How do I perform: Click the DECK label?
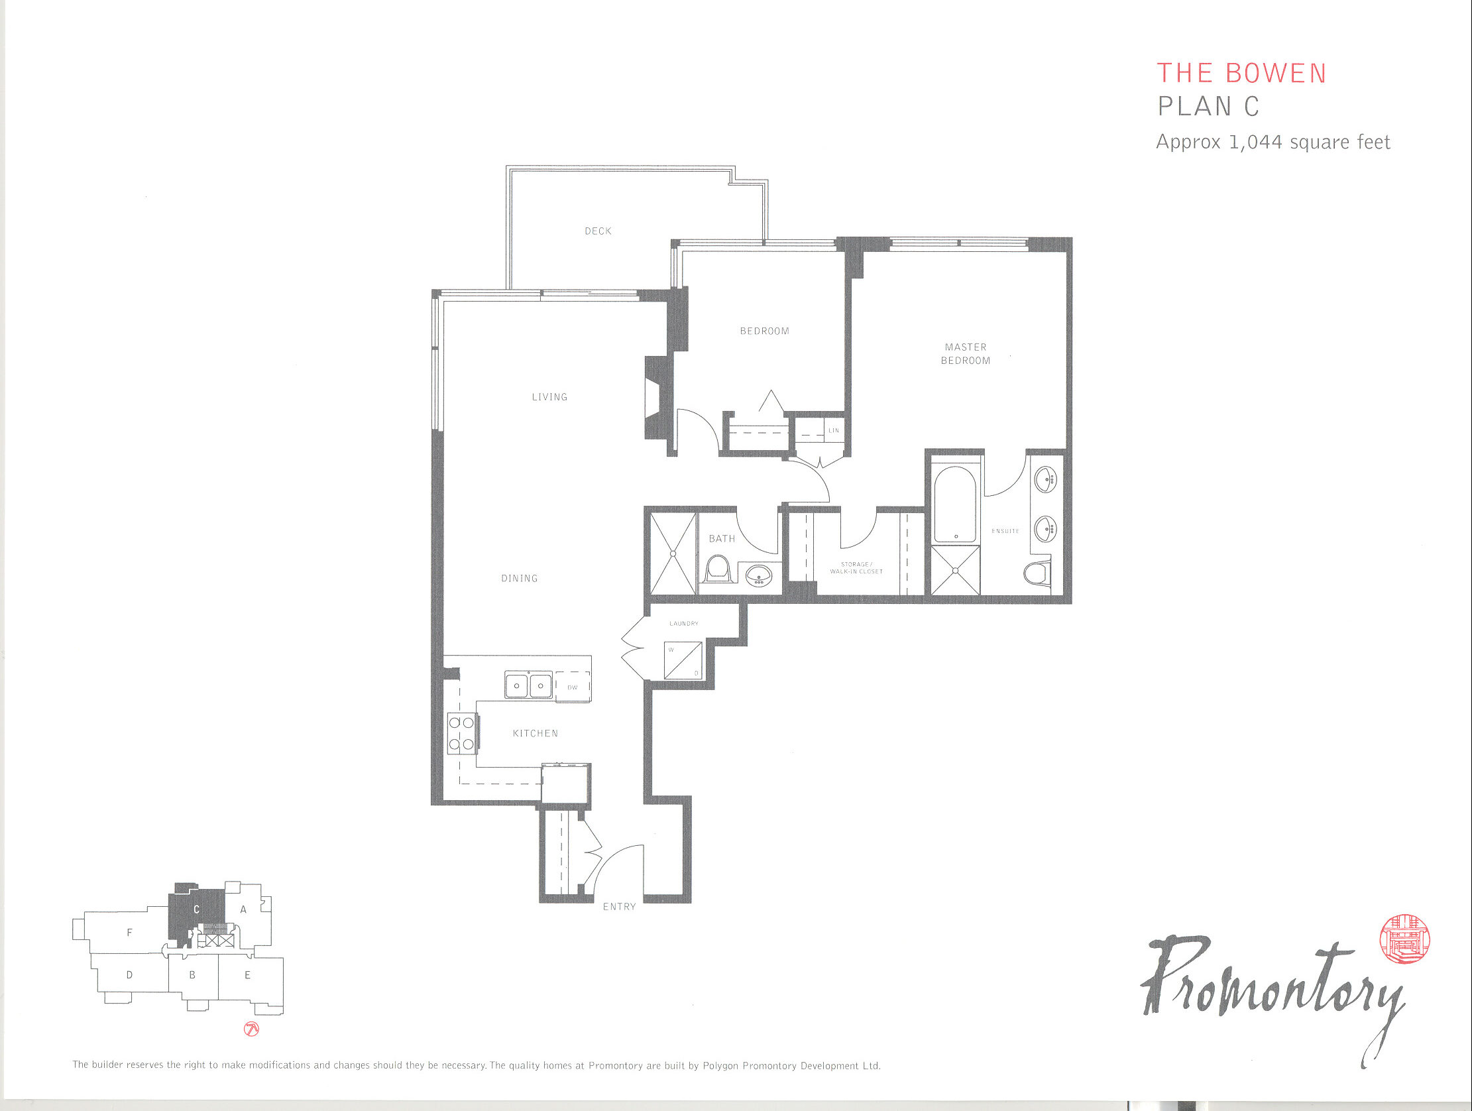coord(598,231)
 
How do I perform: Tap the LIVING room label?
coord(549,396)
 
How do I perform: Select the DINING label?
coord(519,579)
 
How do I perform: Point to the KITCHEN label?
coord(535,734)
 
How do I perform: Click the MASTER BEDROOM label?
coord(965,353)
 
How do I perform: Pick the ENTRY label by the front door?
coord(619,907)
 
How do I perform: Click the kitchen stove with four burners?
coord(462,733)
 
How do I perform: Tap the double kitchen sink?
coord(528,684)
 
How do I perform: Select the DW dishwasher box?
coord(572,686)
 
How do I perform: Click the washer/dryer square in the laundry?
coord(683,660)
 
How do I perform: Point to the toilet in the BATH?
coord(716,571)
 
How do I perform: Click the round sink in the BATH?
coord(758,575)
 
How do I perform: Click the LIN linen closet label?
coord(833,431)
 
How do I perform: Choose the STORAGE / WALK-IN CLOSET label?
coord(856,568)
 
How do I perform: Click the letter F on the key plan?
coord(130,933)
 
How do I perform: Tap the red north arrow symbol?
coord(252,1029)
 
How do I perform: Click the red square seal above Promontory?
coord(1405,939)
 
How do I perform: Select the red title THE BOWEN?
coord(1242,73)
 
